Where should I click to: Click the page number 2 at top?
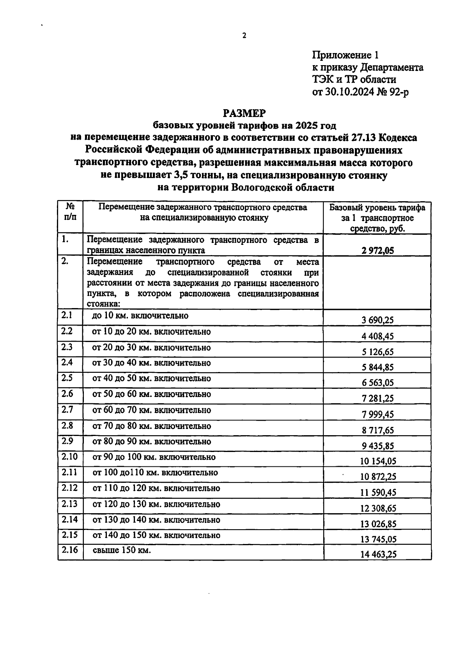tap(244, 36)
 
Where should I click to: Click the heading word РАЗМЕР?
tap(244, 113)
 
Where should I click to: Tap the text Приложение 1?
tap(346, 55)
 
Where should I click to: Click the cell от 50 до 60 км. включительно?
tap(152, 394)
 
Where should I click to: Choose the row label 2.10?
tap(69, 457)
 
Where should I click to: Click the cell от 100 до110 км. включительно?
tap(155, 473)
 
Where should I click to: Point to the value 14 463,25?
tap(378, 554)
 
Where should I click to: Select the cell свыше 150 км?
tap(121, 550)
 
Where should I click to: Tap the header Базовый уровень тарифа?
tap(377, 207)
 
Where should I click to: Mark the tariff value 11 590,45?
tap(378, 492)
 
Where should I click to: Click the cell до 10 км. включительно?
tap(140, 315)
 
